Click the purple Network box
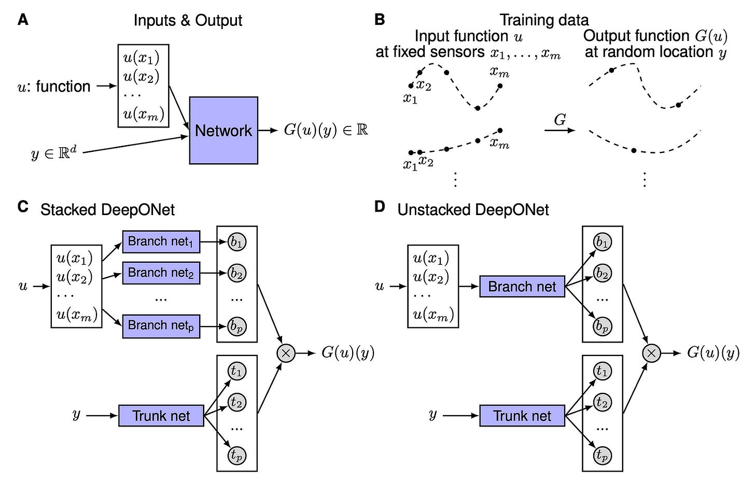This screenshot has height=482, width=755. coord(223,130)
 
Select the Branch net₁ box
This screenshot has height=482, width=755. coord(161,242)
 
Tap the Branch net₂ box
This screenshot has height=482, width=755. coord(161,273)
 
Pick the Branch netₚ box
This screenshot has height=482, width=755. coord(161,326)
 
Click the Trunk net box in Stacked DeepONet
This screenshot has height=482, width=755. coord(161,416)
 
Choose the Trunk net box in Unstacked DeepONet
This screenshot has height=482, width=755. coord(522,416)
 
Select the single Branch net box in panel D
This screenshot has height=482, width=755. coord(522,287)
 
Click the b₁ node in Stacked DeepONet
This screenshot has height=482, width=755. coord(237,242)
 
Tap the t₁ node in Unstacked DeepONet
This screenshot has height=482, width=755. coord(602,371)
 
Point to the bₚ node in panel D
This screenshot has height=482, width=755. coord(602,326)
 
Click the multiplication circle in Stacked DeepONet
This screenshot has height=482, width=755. coord(286,353)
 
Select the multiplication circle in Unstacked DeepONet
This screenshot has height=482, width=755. coord(651,353)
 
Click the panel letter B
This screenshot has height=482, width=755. coord(380,20)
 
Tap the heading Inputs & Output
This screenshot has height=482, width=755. coord(188,20)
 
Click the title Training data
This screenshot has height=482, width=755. coord(544,20)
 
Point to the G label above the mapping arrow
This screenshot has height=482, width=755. coord(560,120)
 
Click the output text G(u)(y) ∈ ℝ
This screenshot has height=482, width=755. coord(326,130)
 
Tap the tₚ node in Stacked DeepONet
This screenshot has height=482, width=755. coord(237,456)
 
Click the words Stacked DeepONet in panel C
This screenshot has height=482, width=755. coord(107,210)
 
